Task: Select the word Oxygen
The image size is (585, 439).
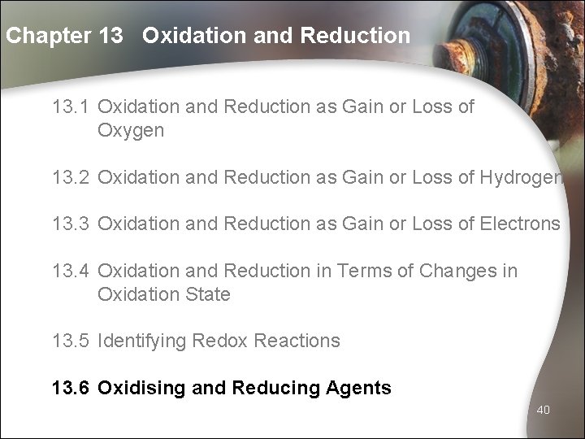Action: (131, 131)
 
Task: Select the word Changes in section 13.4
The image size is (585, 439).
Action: (454, 271)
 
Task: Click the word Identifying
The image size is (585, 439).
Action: (142, 341)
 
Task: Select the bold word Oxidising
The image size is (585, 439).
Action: (143, 389)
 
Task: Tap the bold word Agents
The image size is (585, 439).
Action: (357, 388)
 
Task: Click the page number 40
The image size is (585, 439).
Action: (544, 410)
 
